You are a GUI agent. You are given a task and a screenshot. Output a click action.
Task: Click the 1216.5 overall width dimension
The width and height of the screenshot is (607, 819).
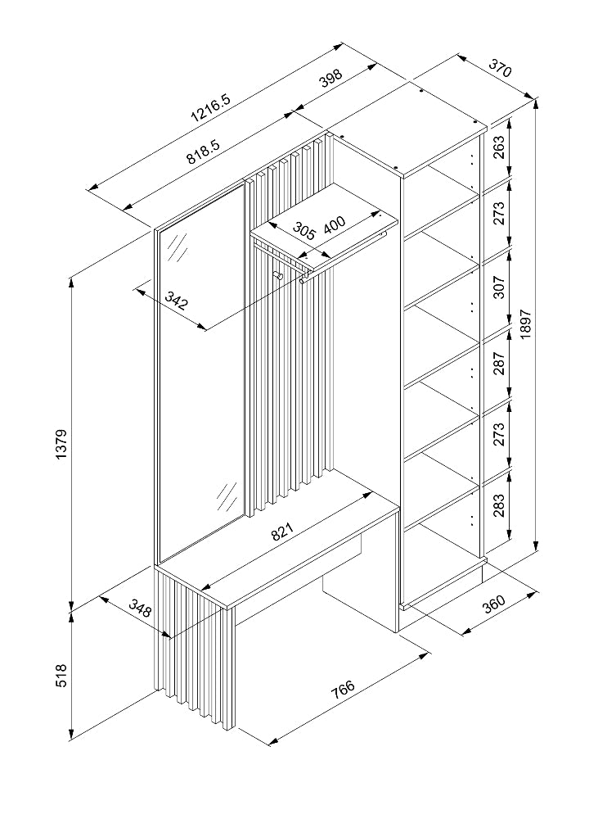pos(211,106)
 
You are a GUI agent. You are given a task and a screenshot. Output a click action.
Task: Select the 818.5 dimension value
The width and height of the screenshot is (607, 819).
pos(200,152)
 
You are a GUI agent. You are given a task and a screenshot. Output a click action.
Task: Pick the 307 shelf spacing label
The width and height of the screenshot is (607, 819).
pos(499,286)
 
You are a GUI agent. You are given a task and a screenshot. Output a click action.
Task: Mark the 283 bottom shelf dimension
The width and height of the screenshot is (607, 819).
pos(499,507)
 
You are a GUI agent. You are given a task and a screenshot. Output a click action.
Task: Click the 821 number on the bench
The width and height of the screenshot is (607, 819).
pos(281,533)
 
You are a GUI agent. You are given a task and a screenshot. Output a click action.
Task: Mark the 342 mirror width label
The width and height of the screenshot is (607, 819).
pos(176,301)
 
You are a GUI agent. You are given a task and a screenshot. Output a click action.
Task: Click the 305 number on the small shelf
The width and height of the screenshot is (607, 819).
pos(304,232)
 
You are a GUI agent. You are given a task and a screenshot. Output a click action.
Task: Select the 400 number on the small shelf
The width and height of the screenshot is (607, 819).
pos(335,224)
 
